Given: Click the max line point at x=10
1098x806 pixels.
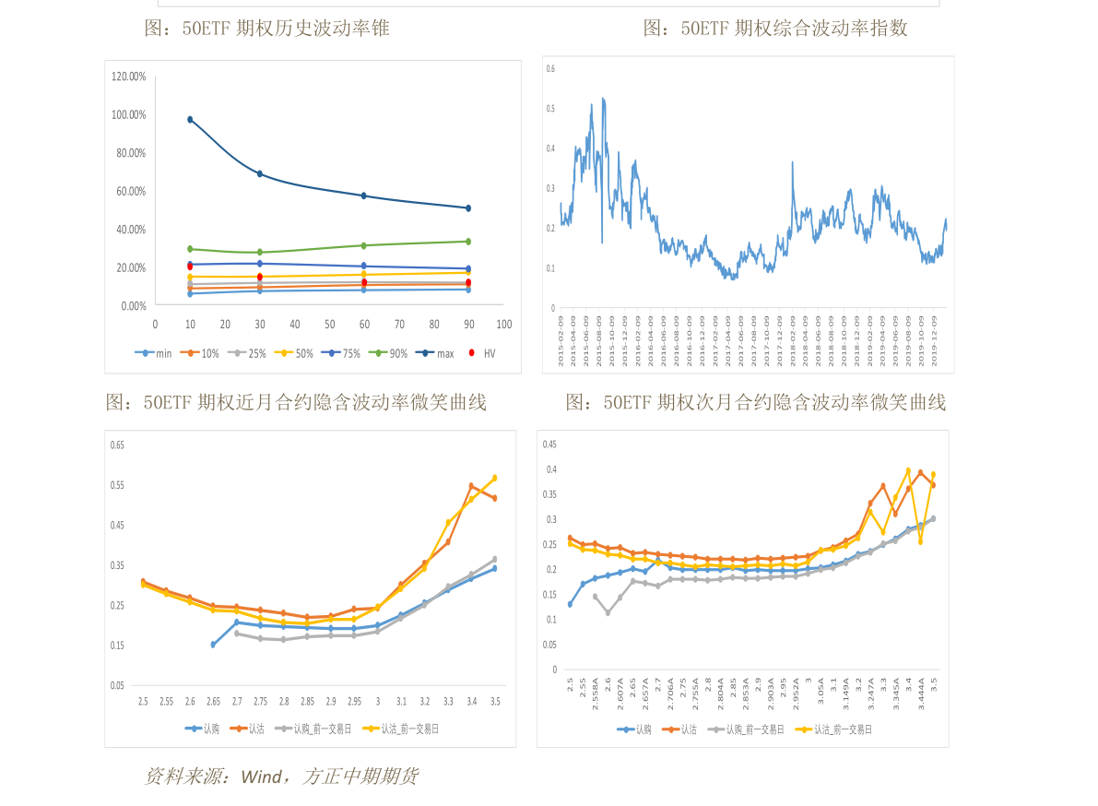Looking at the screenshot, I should pos(190,119).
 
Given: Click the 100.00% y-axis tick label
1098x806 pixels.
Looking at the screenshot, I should pos(129,114).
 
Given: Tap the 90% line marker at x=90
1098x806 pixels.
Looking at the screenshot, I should pos(468,242).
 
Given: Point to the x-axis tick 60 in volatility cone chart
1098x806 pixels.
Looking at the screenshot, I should pos(364,325).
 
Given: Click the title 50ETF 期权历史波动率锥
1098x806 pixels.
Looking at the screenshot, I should pos(266,29).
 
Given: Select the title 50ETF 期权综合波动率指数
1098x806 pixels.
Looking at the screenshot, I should pos(774,29).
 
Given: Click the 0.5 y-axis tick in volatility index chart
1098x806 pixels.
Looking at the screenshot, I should pos(550,109).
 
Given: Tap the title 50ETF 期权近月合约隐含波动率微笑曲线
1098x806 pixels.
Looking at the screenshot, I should pos(296,402).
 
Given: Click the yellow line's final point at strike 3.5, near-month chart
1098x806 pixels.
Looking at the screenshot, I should pos(495,478).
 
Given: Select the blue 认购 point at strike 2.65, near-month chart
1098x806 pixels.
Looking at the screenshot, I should pos(213,645).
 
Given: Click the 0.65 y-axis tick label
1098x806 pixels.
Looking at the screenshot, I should pos(117,444).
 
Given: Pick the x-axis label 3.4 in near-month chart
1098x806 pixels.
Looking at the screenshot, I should pos(472,702).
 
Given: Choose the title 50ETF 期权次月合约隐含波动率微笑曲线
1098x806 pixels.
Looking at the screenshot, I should pos(755,402).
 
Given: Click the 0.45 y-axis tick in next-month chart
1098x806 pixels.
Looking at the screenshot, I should pos(549,444).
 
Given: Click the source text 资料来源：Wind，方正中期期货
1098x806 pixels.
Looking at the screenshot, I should pos(281,776).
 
